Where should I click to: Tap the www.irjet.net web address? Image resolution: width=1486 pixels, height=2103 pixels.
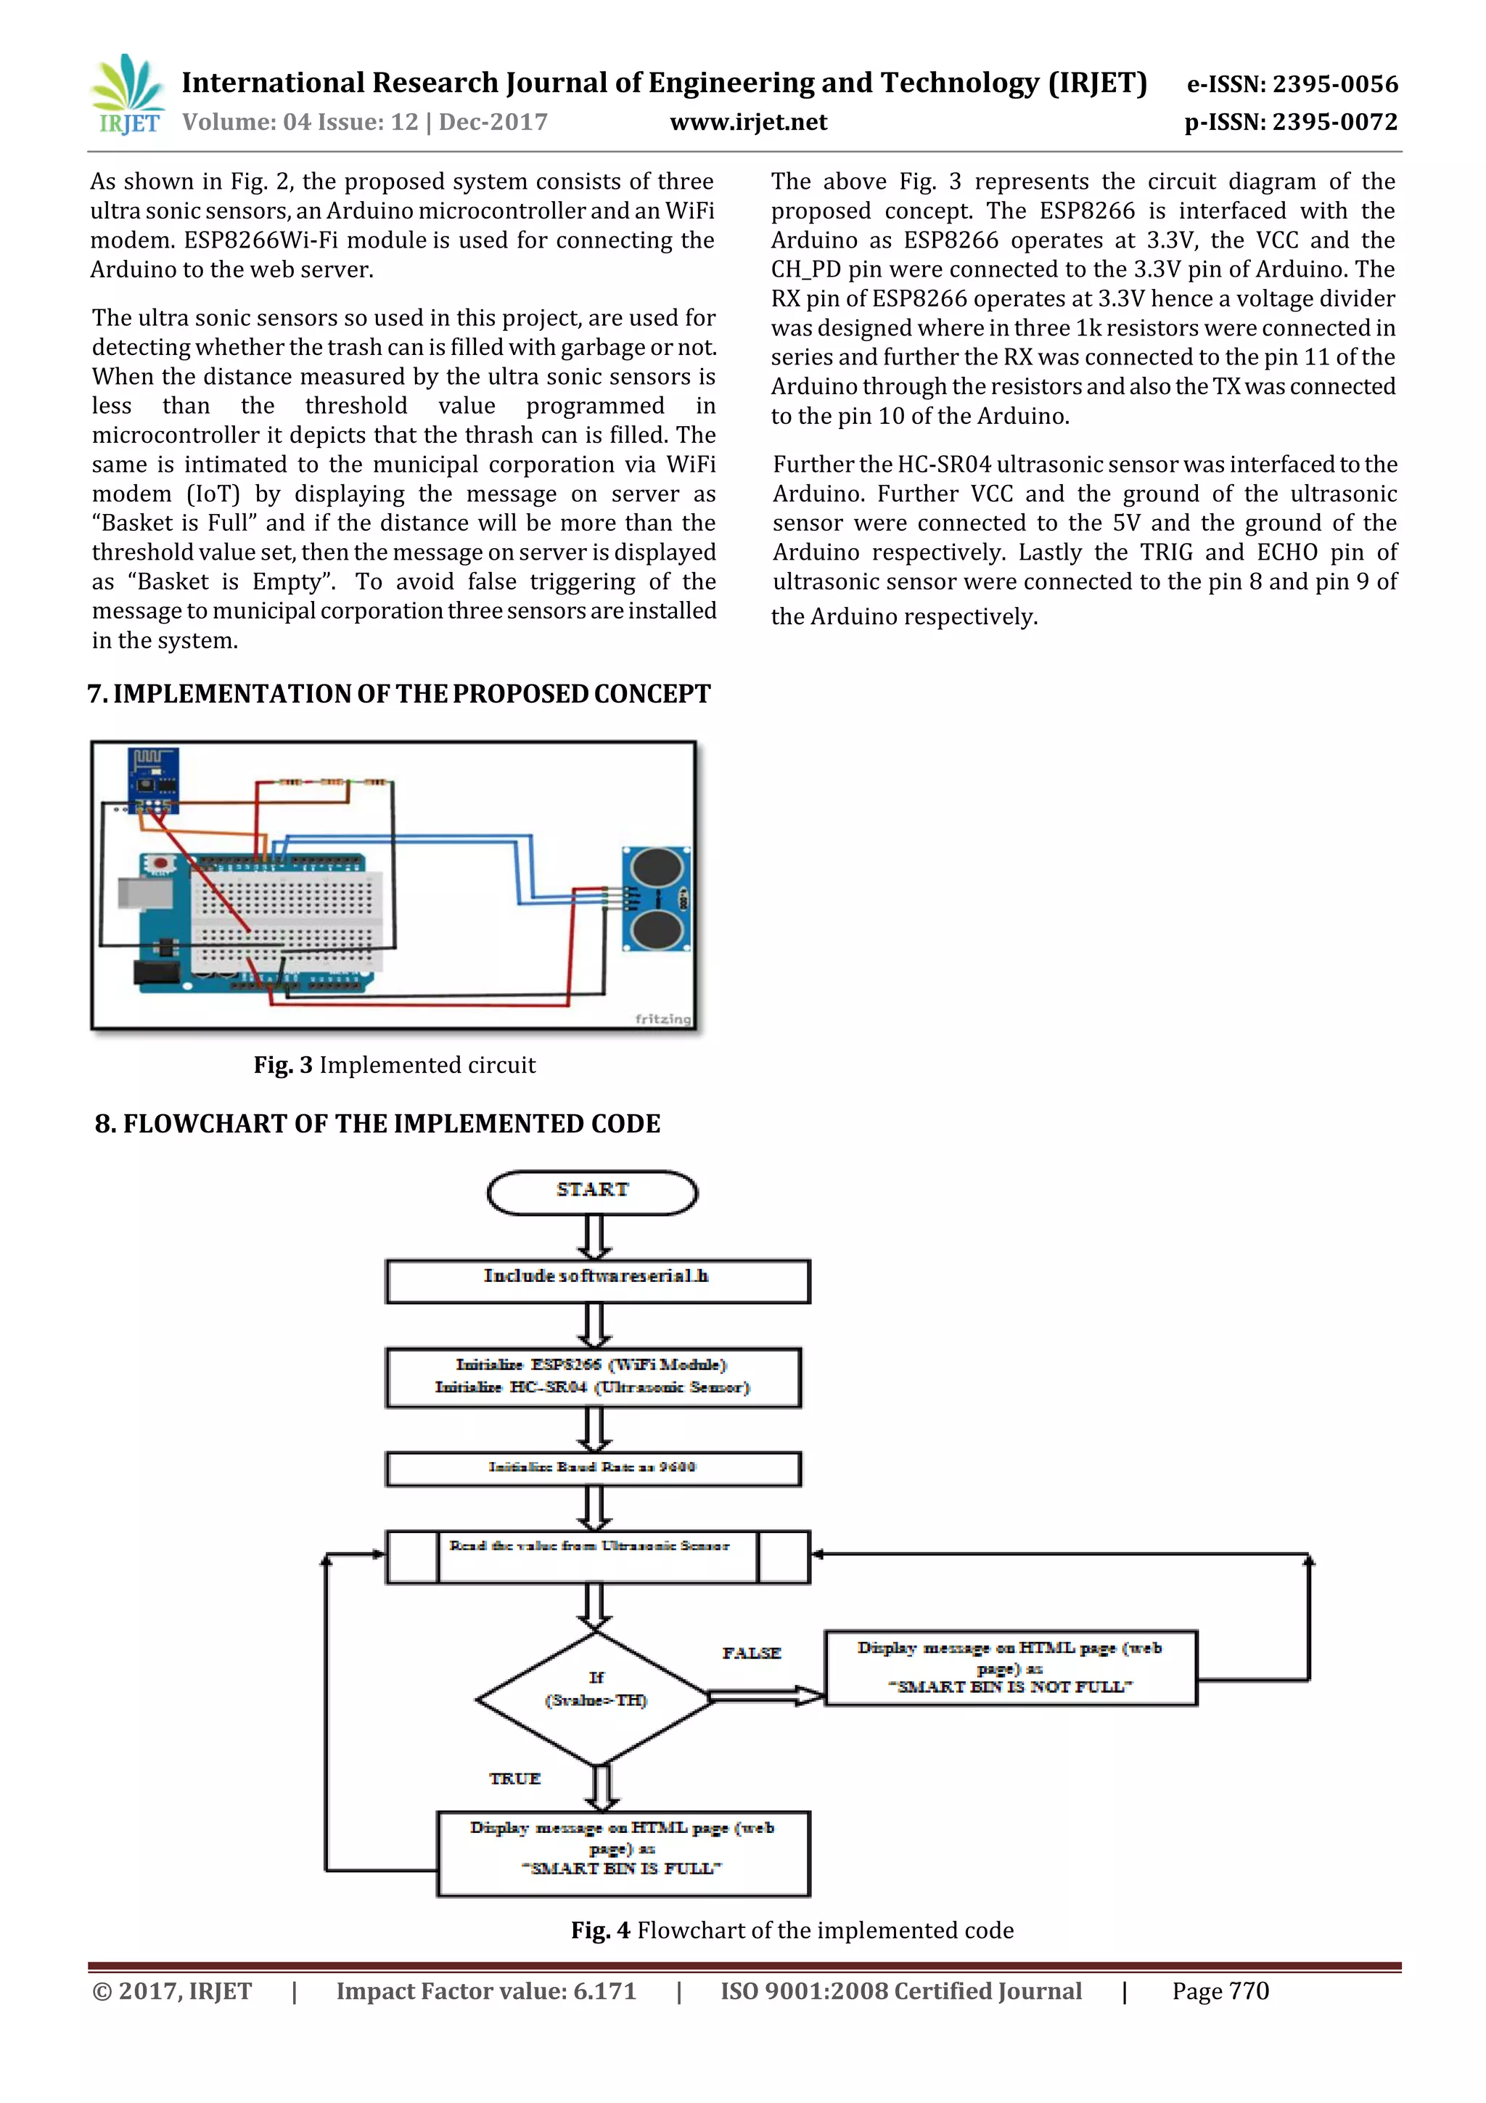[x=748, y=122]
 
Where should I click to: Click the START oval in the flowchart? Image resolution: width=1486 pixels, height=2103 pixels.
[x=592, y=1192]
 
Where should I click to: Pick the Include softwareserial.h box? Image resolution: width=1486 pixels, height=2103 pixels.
[x=597, y=1281]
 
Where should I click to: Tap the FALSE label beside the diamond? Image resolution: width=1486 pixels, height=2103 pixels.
[x=751, y=1652]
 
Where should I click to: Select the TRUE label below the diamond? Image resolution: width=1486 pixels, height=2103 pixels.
[x=514, y=1778]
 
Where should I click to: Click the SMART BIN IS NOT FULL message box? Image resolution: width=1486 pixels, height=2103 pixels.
[x=1010, y=1667]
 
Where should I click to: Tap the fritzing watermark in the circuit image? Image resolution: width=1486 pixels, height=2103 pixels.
[x=663, y=1018]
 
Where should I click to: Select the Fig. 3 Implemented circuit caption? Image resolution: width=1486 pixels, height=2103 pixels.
[x=395, y=1064]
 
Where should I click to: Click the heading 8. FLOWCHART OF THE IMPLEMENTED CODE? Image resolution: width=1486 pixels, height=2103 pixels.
[x=377, y=1123]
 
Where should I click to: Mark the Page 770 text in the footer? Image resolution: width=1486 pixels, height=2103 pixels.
[x=1220, y=1990]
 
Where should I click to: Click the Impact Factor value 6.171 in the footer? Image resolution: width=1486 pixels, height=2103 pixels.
[x=485, y=1990]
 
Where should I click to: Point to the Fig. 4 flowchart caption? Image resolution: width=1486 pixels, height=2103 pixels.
[x=792, y=1930]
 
